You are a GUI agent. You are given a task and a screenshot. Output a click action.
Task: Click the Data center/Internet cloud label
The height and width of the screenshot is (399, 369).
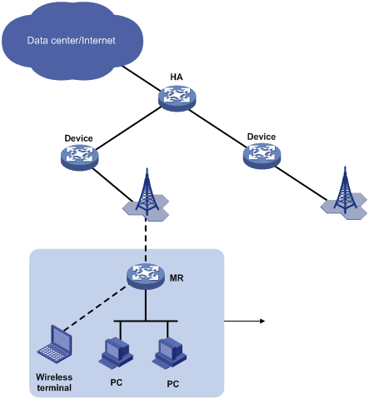pos(71,41)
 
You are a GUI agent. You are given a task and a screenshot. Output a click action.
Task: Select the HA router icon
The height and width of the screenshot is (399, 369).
pos(177,98)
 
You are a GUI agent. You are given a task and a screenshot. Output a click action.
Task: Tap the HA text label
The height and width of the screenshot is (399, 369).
pos(177,77)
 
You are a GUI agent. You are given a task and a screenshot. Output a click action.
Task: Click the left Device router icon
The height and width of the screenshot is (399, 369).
pos(80,157)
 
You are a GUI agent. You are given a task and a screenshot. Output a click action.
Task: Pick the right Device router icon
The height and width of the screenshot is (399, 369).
pos(262,156)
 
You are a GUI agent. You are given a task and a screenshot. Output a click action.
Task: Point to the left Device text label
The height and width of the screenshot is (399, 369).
pos(78,138)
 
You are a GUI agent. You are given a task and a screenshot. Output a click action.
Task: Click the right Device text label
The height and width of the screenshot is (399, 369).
pos(262,137)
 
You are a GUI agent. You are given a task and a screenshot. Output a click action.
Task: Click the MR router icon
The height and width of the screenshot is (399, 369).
pos(146,276)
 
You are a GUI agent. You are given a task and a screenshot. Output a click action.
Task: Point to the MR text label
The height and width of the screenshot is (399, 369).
pos(177,278)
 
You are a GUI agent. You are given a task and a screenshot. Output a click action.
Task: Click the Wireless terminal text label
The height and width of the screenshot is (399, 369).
pos(54,382)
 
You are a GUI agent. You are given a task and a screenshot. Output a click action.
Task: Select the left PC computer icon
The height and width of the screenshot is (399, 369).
pos(116,352)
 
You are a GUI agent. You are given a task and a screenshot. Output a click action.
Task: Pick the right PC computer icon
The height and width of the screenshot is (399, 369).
pos(169,353)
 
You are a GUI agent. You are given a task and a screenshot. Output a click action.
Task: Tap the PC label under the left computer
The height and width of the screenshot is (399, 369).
pos(117,382)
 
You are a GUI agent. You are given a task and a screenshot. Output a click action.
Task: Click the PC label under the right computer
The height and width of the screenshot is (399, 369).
pos(172,384)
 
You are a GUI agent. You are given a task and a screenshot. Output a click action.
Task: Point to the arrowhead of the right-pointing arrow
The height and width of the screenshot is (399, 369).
pos(262,322)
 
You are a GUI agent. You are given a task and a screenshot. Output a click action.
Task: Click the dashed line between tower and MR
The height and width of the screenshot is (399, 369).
pos(146,239)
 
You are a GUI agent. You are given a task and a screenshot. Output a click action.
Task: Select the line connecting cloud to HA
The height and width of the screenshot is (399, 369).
pos(142,78)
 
